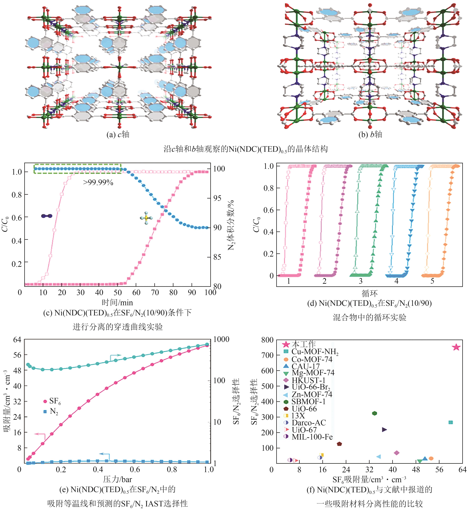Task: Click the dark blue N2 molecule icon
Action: [x=47, y=216]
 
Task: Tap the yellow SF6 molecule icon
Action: [x=146, y=218]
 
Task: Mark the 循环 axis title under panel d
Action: [x=370, y=294]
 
